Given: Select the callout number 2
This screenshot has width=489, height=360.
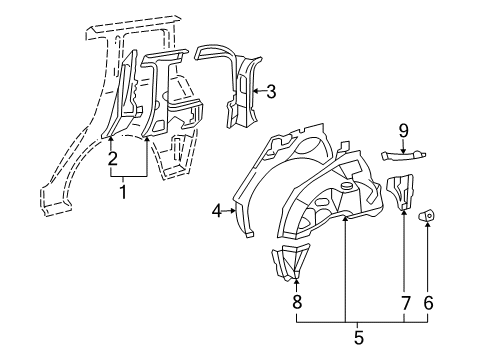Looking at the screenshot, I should [112, 157].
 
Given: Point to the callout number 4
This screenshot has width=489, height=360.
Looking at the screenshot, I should [217, 210].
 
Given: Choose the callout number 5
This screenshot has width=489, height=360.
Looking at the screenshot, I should [358, 337].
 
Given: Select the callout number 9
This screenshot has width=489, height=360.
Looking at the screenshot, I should [403, 129].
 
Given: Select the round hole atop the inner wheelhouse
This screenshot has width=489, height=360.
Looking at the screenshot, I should [347, 187].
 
